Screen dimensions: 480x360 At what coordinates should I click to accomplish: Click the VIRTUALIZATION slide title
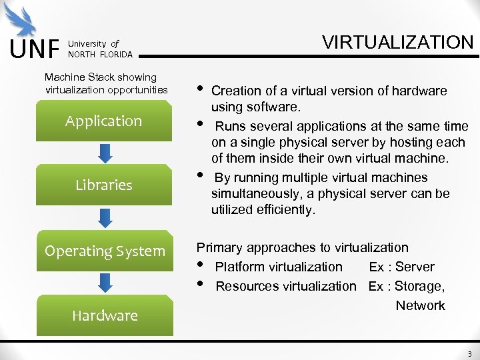tap(397, 43)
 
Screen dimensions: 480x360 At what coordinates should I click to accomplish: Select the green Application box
tap(103, 121)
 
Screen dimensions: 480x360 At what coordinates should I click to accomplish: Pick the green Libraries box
tap(103, 185)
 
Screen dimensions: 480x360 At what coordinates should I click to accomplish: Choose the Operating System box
tap(104, 251)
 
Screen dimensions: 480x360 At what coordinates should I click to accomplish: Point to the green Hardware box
tap(104, 315)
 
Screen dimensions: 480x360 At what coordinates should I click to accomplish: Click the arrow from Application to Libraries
tap(105, 153)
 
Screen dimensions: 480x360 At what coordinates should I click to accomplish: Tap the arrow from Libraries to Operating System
tap(105, 217)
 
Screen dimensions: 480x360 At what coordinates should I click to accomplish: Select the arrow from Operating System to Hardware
tap(105, 283)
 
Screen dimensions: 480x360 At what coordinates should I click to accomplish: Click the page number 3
tap(469, 354)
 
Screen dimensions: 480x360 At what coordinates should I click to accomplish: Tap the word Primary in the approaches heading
tap(219, 247)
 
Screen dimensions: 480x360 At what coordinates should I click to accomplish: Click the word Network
tap(420, 305)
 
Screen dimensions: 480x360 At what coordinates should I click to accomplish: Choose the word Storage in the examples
tap(420, 286)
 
